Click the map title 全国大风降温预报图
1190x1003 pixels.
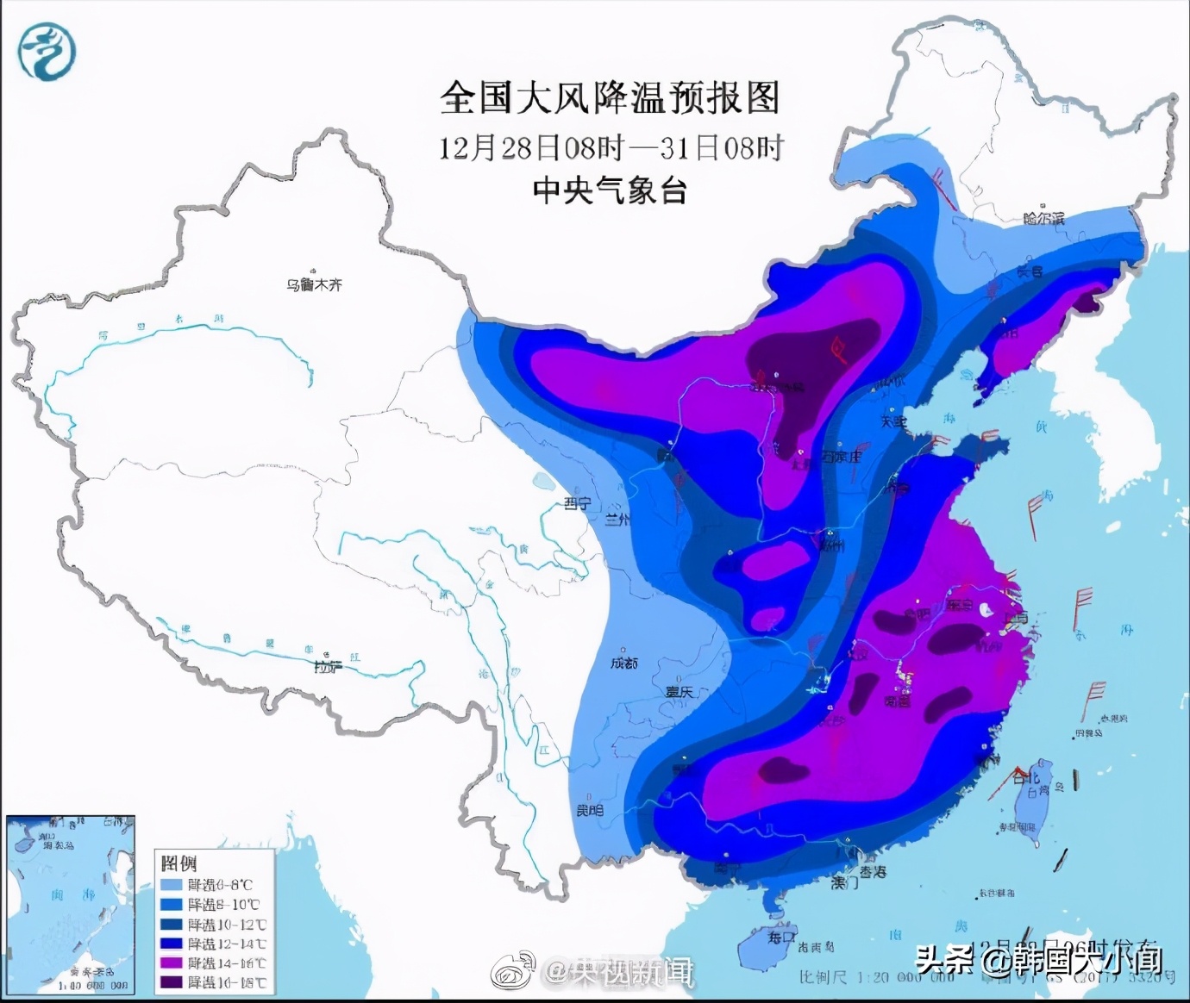pos(609,98)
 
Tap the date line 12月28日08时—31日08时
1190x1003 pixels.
pos(610,148)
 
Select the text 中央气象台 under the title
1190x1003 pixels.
pos(609,190)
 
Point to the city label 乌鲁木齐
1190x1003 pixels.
pos(314,284)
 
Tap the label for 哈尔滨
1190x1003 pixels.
pos(1043,219)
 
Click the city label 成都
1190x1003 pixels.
pos(624,663)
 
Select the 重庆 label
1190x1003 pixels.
pos(679,691)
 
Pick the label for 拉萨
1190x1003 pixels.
pos(328,666)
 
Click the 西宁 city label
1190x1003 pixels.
pos(577,504)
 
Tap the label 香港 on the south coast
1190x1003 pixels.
pos(872,872)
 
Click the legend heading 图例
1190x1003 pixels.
pos(178,863)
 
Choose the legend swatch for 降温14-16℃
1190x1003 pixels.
pos(172,963)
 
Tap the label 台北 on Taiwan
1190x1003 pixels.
pos(1026,778)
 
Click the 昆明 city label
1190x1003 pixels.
pos(590,811)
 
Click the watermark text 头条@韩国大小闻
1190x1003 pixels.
pos(1038,959)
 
